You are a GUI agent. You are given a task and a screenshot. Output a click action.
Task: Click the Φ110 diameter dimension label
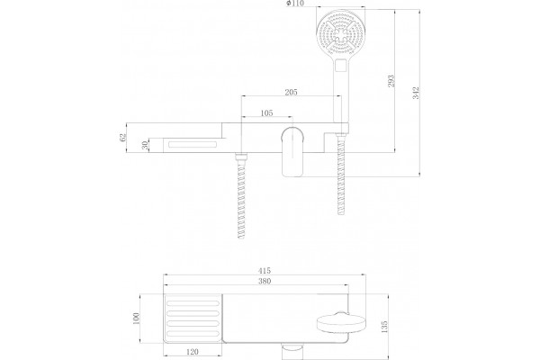[x=295, y=4]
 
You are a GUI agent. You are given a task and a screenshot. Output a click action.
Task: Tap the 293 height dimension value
[x=391, y=81]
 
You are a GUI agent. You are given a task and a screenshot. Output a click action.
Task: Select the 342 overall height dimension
[x=416, y=93]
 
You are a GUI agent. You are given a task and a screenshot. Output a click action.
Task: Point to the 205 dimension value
[x=291, y=93]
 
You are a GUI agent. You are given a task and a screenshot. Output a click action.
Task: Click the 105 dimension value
[x=266, y=113]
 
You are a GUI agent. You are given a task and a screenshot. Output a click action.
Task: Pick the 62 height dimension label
[x=123, y=137]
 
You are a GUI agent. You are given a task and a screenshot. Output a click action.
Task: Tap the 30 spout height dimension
[x=145, y=145]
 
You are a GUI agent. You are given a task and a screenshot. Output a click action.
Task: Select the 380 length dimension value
[x=264, y=281]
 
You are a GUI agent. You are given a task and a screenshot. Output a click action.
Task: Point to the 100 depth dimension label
[x=136, y=319]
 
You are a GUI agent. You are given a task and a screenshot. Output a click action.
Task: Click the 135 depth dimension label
[x=384, y=327]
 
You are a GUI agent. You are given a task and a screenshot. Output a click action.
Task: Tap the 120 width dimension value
[x=192, y=352]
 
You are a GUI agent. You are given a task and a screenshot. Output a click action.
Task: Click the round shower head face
[x=340, y=34]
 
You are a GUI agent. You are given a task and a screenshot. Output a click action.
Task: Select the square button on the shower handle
[x=341, y=65]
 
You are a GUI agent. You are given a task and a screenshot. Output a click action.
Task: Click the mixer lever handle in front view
[x=292, y=152]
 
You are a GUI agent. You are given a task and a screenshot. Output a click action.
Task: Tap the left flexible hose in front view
[x=241, y=195]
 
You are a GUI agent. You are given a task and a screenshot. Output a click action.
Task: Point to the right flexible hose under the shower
[x=341, y=174]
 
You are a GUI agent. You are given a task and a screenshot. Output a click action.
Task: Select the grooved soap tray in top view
[x=193, y=319]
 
